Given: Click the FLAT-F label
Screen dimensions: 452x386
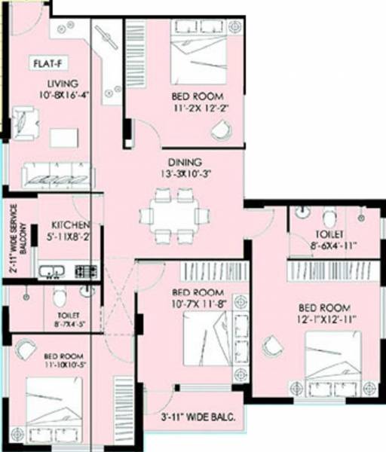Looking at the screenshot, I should click(x=47, y=64).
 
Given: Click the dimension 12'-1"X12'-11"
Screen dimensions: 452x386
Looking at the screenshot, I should click(x=325, y=319).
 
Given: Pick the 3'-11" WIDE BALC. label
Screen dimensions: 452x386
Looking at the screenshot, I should click(x=198, y=417).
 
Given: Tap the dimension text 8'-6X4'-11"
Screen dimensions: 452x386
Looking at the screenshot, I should click(x=333, y=245).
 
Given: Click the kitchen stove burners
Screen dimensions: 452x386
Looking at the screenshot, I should click(x=85, y=269).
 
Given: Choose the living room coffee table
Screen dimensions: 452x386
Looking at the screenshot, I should click(x=64, y=138).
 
